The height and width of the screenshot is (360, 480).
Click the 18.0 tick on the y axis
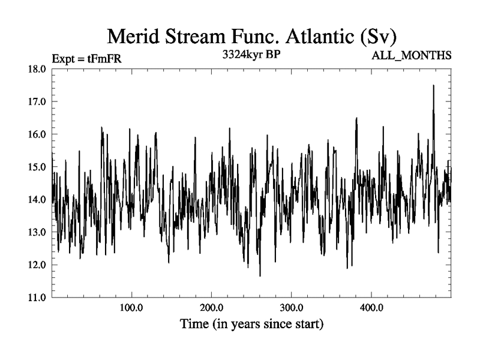(x=38, y=69)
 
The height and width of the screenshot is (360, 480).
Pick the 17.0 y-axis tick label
(x=38, y=101)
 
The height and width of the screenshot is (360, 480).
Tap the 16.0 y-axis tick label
(x=38, y=134)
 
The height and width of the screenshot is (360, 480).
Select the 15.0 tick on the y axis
(x=38, y=167)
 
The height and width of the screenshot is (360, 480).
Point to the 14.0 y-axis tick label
(x=38, y=199)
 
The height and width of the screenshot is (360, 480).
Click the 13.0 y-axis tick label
(x=38, y=232)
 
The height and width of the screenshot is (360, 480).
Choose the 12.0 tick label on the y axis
(x=38, y=265)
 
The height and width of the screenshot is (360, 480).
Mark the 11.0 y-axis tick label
(x=38, y=297)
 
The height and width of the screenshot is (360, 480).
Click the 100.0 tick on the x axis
(x=131, y=308)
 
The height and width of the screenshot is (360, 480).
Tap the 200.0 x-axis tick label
(x=211, y=308)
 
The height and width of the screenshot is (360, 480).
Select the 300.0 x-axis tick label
(x=291, y=308)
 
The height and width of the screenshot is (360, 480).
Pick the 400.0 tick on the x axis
(x=371, y=308)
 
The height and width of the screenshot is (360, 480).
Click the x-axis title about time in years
(x=252, y=325)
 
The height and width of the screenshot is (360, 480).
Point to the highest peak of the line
(x=433, y=86)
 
